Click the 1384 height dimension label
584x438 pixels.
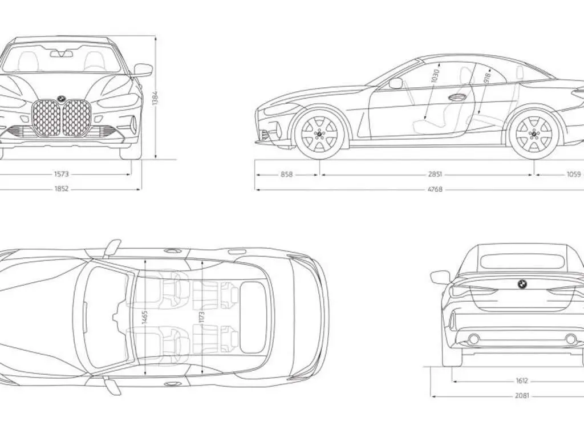(x=155, y=98)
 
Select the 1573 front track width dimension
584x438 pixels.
(x=62, y=174)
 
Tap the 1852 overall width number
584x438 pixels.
(x=62, y=189)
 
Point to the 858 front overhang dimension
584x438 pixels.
(x=287, y=174)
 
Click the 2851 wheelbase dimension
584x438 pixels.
(x=435, y=174)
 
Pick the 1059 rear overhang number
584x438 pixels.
(x=574, y=174)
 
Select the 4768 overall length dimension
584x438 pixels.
(x=435, y=189)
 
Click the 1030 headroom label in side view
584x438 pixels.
(x=435, y=76)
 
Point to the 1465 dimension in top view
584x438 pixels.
(x=145, y=319)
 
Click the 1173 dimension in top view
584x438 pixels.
(x=201, y=317)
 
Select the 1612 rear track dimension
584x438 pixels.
(x=522, y=380)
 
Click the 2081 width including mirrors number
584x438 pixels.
(x=522, y=396)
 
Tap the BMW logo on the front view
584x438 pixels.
(x=62, y=99)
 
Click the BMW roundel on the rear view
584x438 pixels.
(x=522, y=284)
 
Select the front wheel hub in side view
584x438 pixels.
(x=319, y=133)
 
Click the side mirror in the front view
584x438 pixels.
(x=143, y=70)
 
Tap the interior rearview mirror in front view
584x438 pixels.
(x=62, y=54)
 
